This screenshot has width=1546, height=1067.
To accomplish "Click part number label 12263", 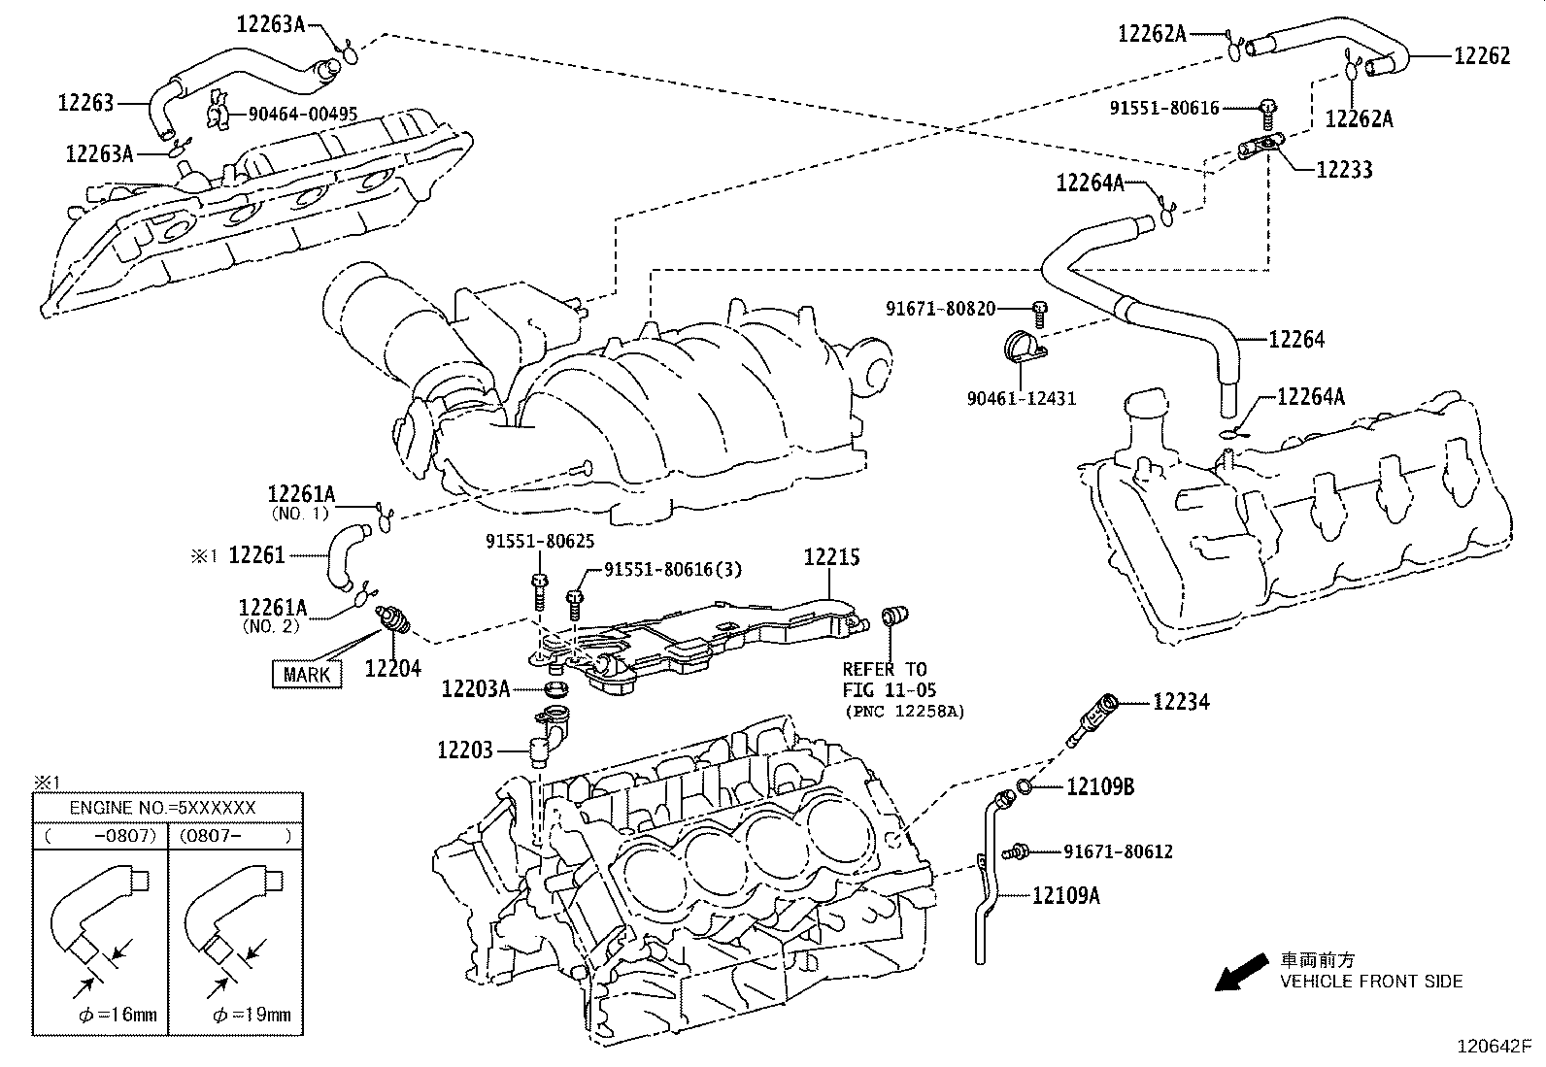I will pos(85,102).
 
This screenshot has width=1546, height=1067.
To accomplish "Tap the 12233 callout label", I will pos(1344,170).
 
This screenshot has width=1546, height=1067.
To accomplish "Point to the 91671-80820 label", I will pos(940,309).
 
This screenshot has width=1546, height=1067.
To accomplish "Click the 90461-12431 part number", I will pos(1021,398).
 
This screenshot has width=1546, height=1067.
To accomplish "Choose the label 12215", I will pos(831,557).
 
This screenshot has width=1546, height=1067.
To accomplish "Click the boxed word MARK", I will pos(307,674).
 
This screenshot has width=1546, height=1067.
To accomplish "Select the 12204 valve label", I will pos(392,668).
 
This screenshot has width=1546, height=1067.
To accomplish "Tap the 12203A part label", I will pos(475,688).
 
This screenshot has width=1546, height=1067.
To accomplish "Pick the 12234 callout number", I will pos(1181,701).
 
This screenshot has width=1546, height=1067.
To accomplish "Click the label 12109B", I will pos(1100,786).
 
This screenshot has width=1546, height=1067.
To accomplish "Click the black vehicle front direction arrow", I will pos(1240,971).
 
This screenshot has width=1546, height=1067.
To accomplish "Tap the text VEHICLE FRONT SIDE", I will pos(1370,981).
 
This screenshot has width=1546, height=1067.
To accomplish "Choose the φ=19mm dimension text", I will pos(251,1016).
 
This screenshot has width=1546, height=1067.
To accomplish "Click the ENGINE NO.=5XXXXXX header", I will pos(162,808).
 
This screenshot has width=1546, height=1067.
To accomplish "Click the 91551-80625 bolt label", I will pos(540,542).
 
